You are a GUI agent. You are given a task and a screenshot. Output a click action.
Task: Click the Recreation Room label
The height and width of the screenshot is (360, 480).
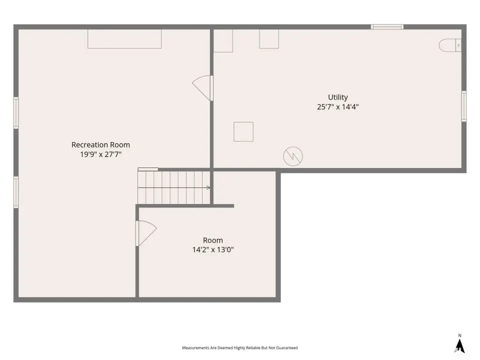point(100,144)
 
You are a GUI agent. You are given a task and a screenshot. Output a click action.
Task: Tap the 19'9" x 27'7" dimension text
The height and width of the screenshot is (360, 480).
point(100,154)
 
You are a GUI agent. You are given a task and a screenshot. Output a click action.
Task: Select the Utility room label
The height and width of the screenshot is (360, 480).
point(338,97)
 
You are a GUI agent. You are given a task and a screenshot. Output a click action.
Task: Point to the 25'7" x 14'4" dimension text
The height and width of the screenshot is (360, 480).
point(338,107)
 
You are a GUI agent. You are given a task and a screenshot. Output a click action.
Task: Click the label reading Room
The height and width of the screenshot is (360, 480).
point(213,240)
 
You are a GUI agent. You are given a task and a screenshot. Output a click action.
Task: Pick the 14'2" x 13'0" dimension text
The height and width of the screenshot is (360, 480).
point(213,250)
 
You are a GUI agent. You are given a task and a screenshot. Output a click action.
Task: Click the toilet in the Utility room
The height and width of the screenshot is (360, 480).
point(450,45)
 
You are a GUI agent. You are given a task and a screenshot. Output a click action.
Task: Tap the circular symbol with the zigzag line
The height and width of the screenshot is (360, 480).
point(293,156)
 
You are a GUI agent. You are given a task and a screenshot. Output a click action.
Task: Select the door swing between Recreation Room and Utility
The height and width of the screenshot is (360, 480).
point(202,88)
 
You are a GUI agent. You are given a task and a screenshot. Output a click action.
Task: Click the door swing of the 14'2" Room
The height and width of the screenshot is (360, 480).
point(146,233)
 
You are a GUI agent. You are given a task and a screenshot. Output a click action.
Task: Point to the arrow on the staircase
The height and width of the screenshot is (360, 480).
point(174,187)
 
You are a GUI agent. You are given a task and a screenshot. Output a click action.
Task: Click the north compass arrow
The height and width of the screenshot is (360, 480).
point(459,346)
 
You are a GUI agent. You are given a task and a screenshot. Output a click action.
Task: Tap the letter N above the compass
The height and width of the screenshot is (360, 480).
point(459,335)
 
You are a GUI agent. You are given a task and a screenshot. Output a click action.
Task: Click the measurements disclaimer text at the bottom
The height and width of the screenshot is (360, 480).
point(239,348)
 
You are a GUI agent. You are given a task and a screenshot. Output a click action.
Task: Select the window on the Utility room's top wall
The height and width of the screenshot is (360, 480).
point(387,27)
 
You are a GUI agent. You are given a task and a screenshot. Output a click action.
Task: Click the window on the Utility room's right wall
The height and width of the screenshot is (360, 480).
point(464,106)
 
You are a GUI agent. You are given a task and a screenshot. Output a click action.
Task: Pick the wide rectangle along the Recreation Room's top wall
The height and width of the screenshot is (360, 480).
point(124,39)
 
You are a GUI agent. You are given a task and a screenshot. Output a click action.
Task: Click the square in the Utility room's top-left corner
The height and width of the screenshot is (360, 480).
point(223,40)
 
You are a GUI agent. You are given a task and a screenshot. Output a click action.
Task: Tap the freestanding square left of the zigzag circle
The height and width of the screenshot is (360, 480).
point(243,131)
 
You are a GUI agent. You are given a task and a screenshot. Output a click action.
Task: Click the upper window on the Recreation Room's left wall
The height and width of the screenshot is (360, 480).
point(16,113)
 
